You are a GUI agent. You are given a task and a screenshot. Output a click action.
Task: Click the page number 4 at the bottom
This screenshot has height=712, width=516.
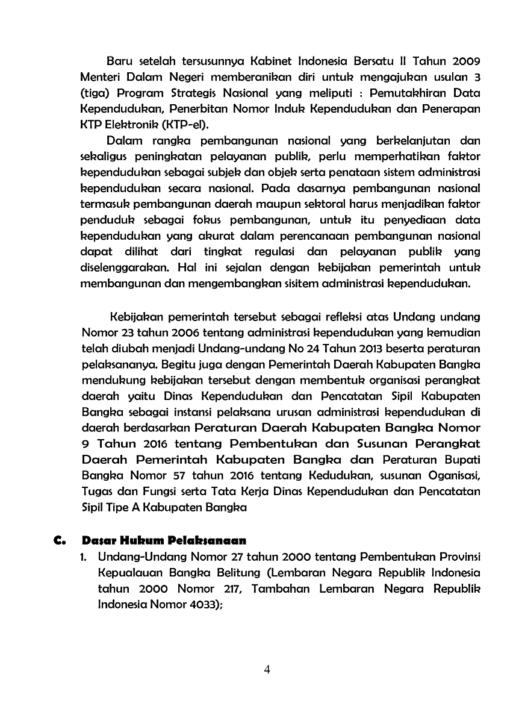point(267,670)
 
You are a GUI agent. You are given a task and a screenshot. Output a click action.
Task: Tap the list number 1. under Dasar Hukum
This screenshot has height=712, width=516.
point(85,555)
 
